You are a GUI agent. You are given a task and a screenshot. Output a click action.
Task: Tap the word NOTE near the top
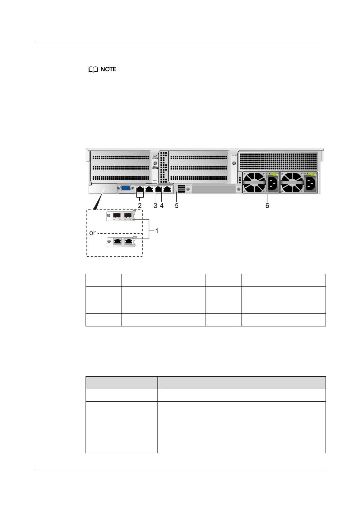pyautogui.click(x=108, y=69)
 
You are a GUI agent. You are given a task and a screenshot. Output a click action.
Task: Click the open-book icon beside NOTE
pyautogui.click(x=93, y=70)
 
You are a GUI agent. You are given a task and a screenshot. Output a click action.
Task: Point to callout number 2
pyautogui.click(x=140, y=206)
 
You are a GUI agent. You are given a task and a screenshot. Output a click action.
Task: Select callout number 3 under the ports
pyautogui.click(x=155, y=206)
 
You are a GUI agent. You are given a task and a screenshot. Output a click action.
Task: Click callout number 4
pyautogui.click(x=162, y=206)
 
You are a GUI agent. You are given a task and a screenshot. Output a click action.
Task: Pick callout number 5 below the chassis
pyautogui.click(x=177, y=206)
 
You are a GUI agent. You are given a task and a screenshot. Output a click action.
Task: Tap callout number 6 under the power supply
pyautogui.click(x=267, y=206)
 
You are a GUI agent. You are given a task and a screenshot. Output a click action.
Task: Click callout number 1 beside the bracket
pyautogui.click(x=157, y=231)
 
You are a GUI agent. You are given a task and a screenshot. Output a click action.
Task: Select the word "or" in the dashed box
pyautogui.click(x=92, y=233)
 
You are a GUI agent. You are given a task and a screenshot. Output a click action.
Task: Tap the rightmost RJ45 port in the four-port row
pyautogui.click(x=167, y=189)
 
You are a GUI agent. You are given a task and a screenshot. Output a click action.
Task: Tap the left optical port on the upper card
pyautogui.click(x=117, y=216)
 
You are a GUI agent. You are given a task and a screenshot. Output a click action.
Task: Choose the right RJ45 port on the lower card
pyautogui.click(x=129, y=241)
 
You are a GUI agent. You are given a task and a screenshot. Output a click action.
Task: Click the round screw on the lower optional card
pyautogui.click(x=109, y=241)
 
